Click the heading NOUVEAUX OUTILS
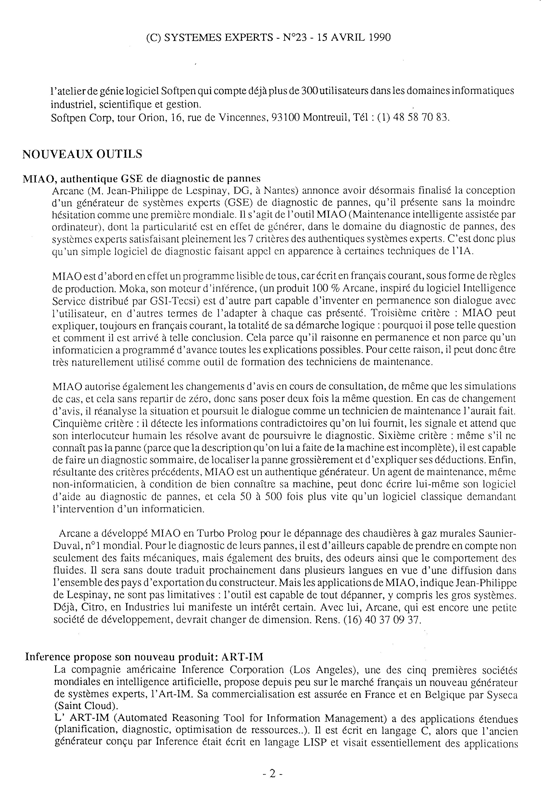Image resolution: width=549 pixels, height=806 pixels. (x=82, y=154)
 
